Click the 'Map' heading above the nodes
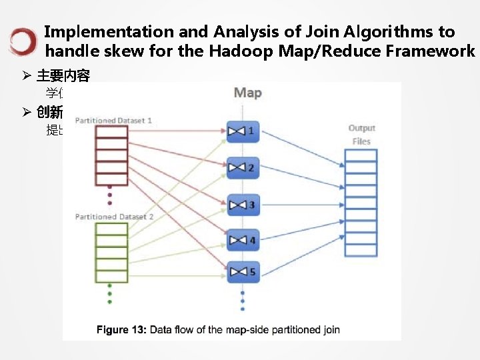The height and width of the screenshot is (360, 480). click(247, 93)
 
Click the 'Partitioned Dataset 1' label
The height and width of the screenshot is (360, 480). click(113, 120)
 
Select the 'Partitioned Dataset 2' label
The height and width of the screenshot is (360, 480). click(114, 217)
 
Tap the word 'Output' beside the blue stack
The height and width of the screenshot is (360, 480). click(361, 128)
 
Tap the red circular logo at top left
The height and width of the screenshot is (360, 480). click(23, 41)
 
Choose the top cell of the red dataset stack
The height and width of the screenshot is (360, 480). click(111, 132)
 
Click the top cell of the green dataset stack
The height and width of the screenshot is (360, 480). click(111, 228)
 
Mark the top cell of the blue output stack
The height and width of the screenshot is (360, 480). click(361, 155)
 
